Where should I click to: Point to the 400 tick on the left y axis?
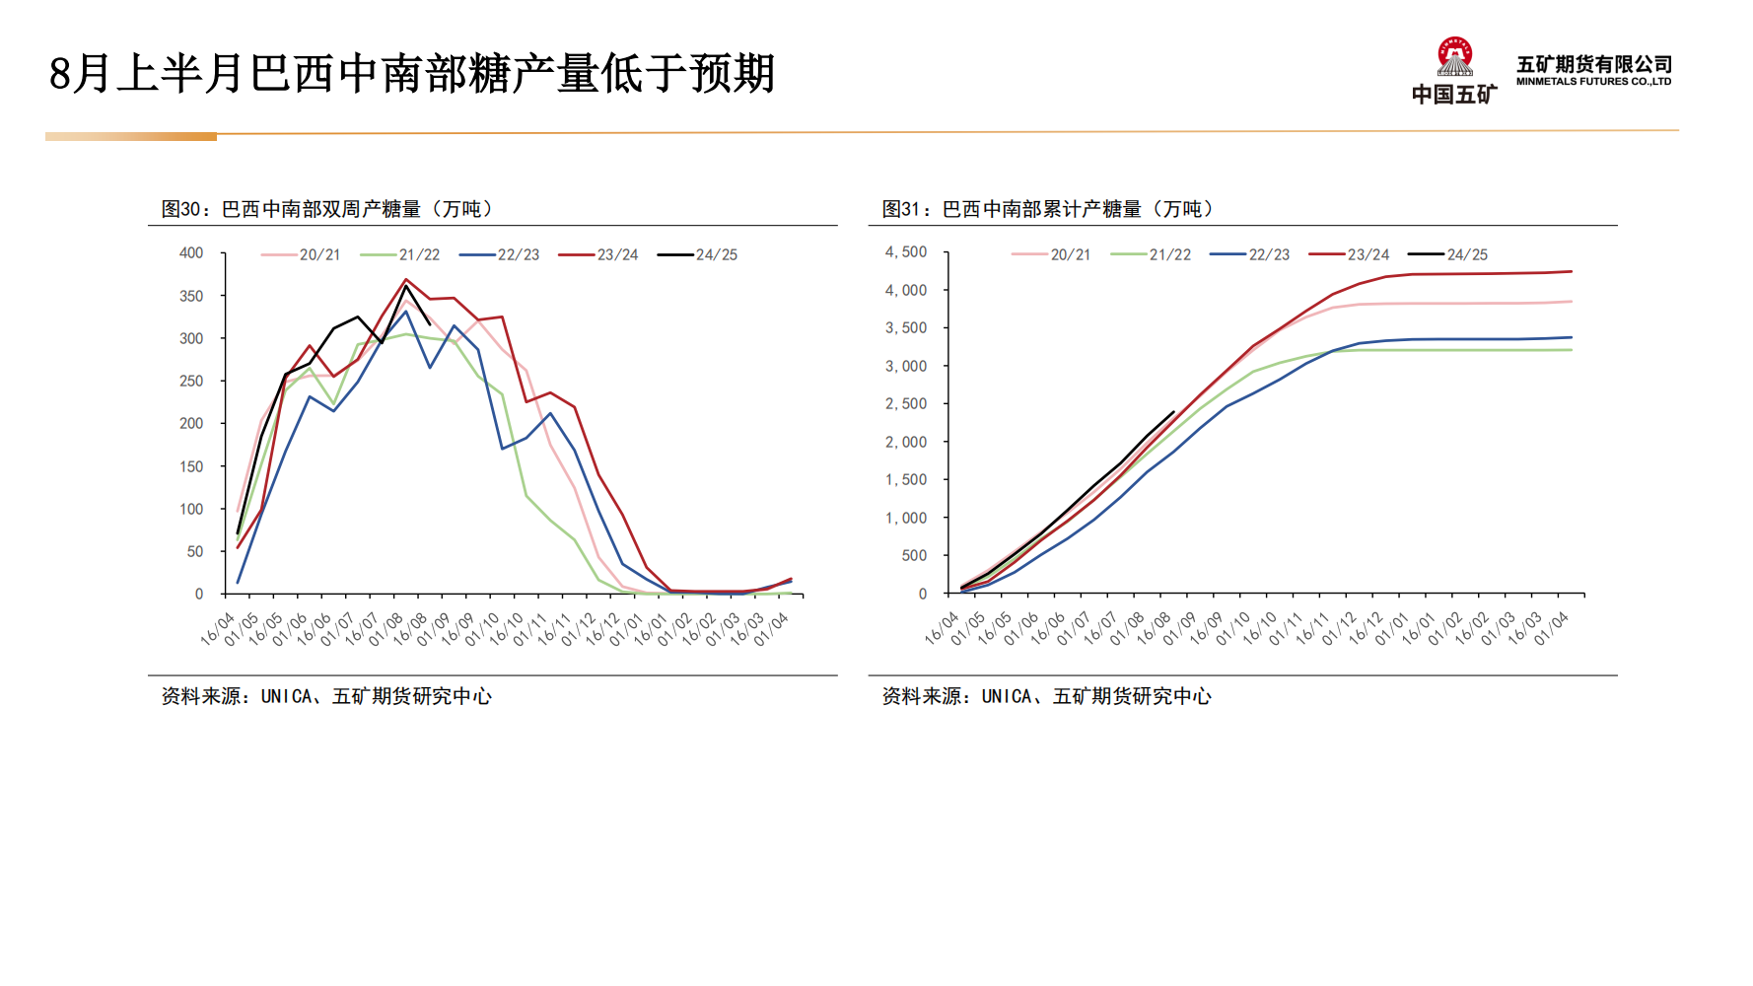tap(191, 253)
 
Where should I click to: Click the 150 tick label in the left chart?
tap(191, 466)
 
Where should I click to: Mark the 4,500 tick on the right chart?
tap(906, 252)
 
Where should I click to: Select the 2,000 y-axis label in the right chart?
tap(906, 442)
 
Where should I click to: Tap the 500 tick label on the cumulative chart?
tap(914, 556)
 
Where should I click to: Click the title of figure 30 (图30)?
tap(327, 209)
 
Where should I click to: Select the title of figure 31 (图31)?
tap(1048, 209)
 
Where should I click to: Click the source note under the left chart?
tap(326, 696)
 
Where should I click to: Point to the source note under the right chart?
tap(1046, 696)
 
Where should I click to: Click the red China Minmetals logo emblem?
tap(1454, 57)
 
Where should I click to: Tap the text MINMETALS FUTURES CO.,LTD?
tap(1593, 82)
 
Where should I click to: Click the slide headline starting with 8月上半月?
tap(412, 74)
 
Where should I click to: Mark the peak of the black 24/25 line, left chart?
tap(405, 286)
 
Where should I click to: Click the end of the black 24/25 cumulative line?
tap(1173, 412)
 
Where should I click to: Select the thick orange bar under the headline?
tap(131, 137)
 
